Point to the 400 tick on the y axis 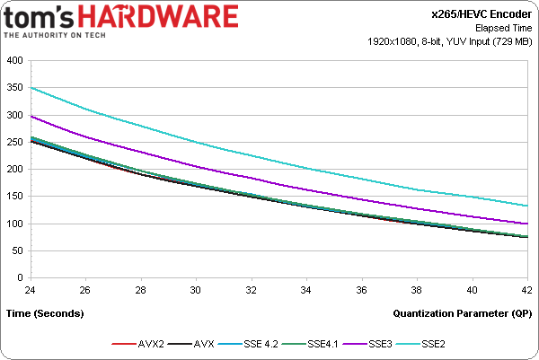tap(15, 61)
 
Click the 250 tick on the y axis tap(15, 143)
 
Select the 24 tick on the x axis tap(31, 290)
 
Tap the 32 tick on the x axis tap(252, 290)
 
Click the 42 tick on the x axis tap(526, 290)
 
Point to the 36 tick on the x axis tap(362, 290)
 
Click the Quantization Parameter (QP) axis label tap(464, 313)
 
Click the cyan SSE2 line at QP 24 tap(32, 88)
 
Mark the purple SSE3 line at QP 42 tap(526, 224)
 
